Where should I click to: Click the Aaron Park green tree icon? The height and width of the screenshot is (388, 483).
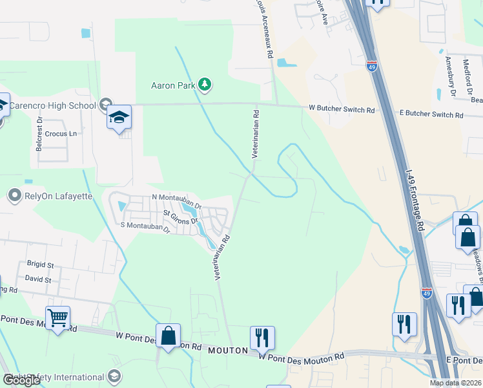(x=205, y=85)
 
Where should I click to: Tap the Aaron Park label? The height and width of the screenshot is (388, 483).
(x=172, y=85)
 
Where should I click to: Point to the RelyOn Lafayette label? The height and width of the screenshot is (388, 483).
(x=59, y=195)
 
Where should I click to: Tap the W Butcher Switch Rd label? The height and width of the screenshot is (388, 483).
(x=342, y=111)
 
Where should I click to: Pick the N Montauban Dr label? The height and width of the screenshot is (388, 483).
(x=177, y=197)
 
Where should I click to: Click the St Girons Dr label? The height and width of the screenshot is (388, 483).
(x=180, y=213)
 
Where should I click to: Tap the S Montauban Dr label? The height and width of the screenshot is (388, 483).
(x=145, y=226)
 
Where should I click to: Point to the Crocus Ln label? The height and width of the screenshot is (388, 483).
(x=61, y=134)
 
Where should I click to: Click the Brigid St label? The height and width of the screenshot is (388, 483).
(x=40, y=264)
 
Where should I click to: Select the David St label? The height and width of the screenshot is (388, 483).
(x=38, y=279)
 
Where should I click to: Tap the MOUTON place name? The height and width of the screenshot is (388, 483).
(x=228, y=350)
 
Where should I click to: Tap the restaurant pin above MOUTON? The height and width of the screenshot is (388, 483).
(x=262, y=338)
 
